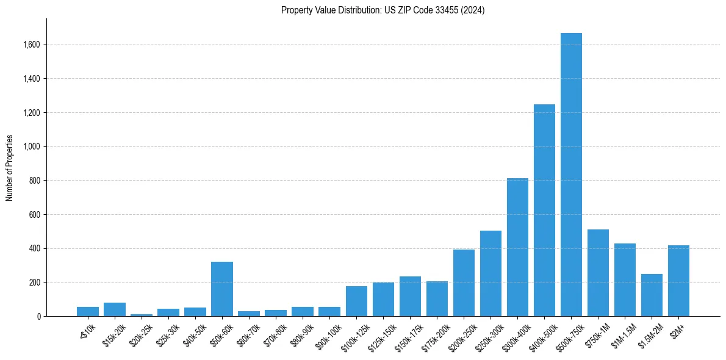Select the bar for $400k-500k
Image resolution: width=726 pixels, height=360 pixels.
click(544, 211)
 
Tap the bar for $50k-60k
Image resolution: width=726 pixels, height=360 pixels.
click(222, 289)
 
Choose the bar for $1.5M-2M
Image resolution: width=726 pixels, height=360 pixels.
click(652, 295)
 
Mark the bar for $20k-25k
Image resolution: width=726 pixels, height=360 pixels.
click(142, 315)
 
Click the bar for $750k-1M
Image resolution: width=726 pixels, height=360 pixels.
click(598, 273)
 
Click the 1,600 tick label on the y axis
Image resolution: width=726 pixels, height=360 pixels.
click(31, 45)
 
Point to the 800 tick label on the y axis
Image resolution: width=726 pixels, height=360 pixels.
click(35, 181)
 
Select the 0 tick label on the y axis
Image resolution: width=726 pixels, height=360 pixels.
click(38, 317)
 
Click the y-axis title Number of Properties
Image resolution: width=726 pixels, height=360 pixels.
click(10, 168)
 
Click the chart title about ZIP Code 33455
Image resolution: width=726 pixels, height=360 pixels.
click(383, 10)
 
